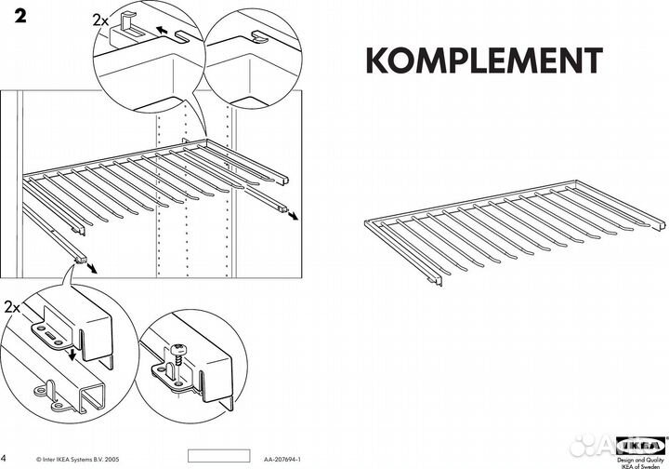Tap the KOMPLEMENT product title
(483, 59)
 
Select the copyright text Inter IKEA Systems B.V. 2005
(79, 460)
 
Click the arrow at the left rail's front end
(93, 265)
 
